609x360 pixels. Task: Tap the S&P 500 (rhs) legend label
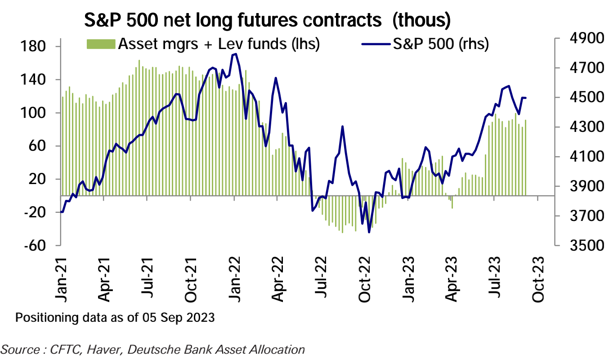click(x=440, y=44)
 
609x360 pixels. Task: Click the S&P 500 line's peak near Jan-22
click(x=236, y=54)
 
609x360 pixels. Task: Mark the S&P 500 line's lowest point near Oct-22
click(x=369, y=232)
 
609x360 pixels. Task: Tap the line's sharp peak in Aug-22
click(x=343, y=126)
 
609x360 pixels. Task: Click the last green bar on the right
click(x=525, y=157)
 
